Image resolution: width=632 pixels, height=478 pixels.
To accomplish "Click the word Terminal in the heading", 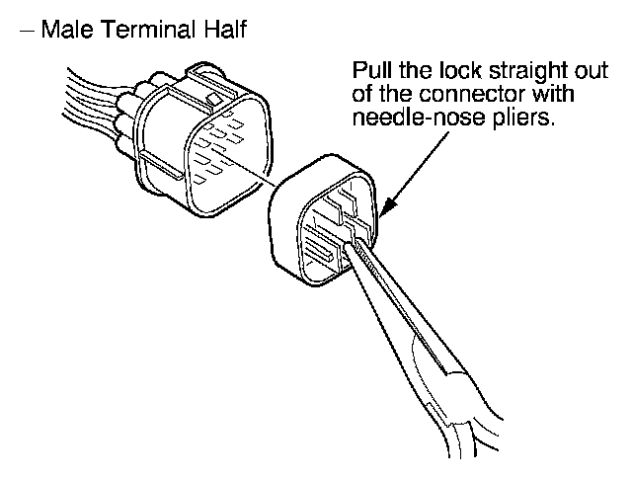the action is [133, 31].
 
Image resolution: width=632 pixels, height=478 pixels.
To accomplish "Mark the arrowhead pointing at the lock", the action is [386, 205].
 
